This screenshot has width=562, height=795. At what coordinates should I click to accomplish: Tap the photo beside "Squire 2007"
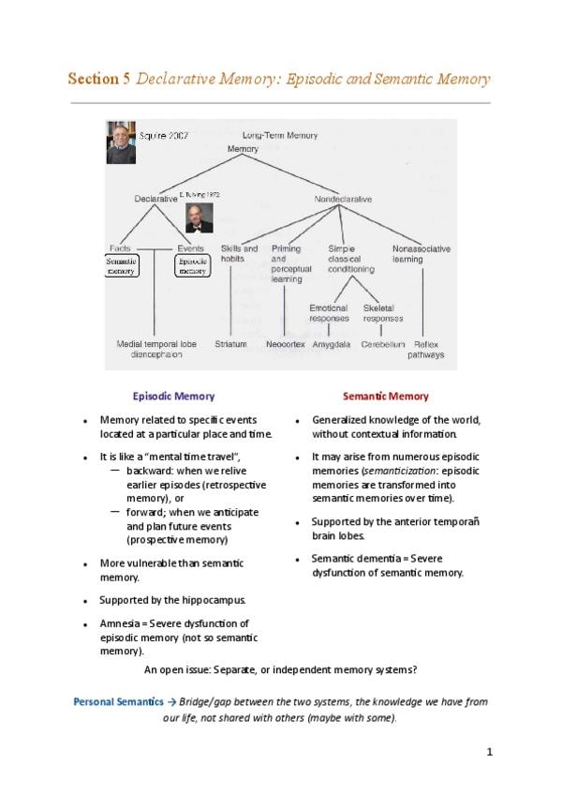click(121, 142)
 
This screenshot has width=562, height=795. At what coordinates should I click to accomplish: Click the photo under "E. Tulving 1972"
click(200, 217)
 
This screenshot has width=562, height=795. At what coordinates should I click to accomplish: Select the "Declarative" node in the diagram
click(155, 199)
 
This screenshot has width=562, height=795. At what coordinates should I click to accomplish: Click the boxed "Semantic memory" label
click(121, 265)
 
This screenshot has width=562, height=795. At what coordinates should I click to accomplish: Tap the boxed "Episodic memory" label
click(192, 265)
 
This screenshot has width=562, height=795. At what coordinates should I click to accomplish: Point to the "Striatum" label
click(230, 344)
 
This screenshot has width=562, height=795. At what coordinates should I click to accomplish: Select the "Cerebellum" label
click(383, 344)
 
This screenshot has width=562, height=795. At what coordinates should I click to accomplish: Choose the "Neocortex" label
click(285, 344)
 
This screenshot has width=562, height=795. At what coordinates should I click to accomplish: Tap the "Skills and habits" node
click(239, 253)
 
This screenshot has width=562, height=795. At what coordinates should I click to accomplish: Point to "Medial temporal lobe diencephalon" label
click(156, 350)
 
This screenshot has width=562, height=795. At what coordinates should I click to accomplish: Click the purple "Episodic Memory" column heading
click(173, 397)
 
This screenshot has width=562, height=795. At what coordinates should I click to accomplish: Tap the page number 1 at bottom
click(489, 752)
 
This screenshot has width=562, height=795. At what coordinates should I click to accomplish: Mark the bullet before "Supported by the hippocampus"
click(85, 599)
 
